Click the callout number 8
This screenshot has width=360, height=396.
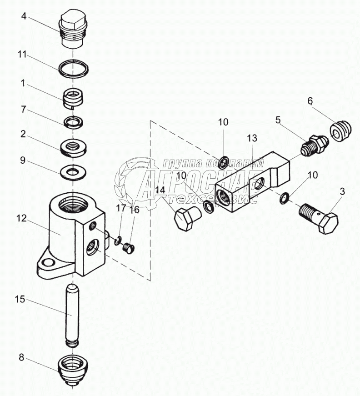(x=21, y=357)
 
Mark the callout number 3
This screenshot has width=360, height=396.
(x=342, y=191)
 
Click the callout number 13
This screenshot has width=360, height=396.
(x=252, y=138)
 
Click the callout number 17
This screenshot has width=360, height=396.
(x=120, y=208)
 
